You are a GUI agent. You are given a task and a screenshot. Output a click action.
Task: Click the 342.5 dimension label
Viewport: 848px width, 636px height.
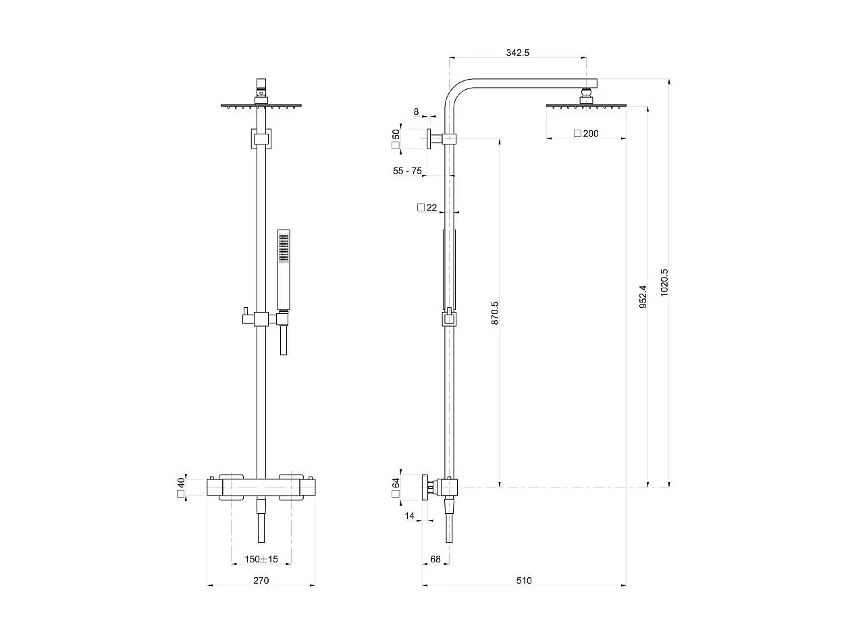point(517,53)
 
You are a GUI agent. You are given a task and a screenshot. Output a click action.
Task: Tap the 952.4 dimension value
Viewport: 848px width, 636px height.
point(643,296)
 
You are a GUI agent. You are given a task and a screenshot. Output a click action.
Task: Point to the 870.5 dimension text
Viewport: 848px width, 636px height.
point(494,313)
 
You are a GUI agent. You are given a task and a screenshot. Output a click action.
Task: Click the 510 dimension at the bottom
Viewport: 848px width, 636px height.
point(524,581)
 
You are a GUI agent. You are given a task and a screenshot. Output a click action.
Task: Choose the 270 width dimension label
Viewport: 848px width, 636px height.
point(261,581)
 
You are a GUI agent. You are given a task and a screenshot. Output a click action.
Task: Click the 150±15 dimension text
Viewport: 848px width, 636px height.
point(261,559)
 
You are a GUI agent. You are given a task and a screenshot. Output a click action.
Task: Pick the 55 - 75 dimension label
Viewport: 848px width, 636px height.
point(407,171)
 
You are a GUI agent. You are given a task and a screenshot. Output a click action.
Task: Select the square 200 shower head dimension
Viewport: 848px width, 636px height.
point(586,134)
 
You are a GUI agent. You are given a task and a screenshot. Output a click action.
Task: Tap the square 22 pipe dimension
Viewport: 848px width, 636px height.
point(427,207)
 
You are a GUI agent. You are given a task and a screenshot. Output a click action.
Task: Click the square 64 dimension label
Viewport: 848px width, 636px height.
point(396,487)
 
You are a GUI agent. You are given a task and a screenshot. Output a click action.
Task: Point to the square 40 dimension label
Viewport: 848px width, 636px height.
point(181,487)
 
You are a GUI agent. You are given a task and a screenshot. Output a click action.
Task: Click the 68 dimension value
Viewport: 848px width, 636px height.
point(435,559)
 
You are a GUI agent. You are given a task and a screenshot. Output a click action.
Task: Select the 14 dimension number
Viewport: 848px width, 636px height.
point(409,516)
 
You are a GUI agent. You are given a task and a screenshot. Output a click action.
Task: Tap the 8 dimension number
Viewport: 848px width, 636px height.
point(416,111)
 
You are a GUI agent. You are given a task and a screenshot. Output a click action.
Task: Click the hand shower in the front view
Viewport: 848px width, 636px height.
point(284,270)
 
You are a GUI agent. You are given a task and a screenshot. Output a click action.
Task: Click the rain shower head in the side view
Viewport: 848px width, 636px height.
point(585,106)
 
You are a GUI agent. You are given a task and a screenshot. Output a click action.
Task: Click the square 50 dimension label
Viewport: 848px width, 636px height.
point(396,139)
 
